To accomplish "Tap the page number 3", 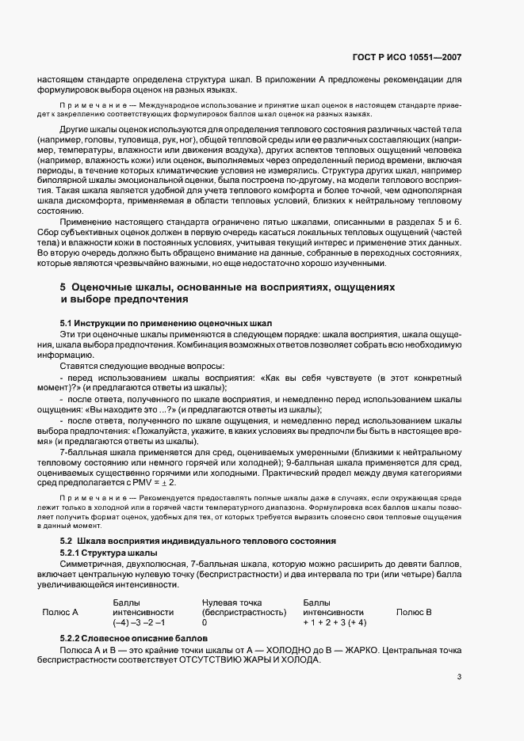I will [460, 676].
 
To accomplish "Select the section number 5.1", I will [67, 324].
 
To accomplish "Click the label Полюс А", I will [59, 612].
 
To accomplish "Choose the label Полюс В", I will [414, 612].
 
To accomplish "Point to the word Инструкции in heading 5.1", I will [103, 324].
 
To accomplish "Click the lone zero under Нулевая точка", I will [205, 622].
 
